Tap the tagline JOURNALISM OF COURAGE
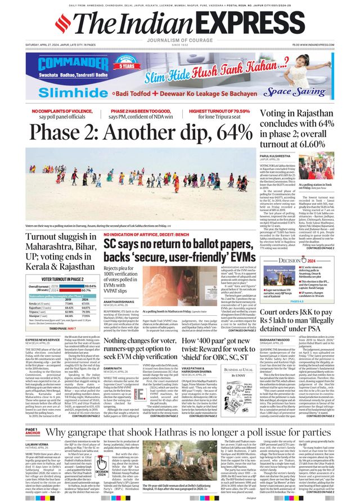pos(179,41)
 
